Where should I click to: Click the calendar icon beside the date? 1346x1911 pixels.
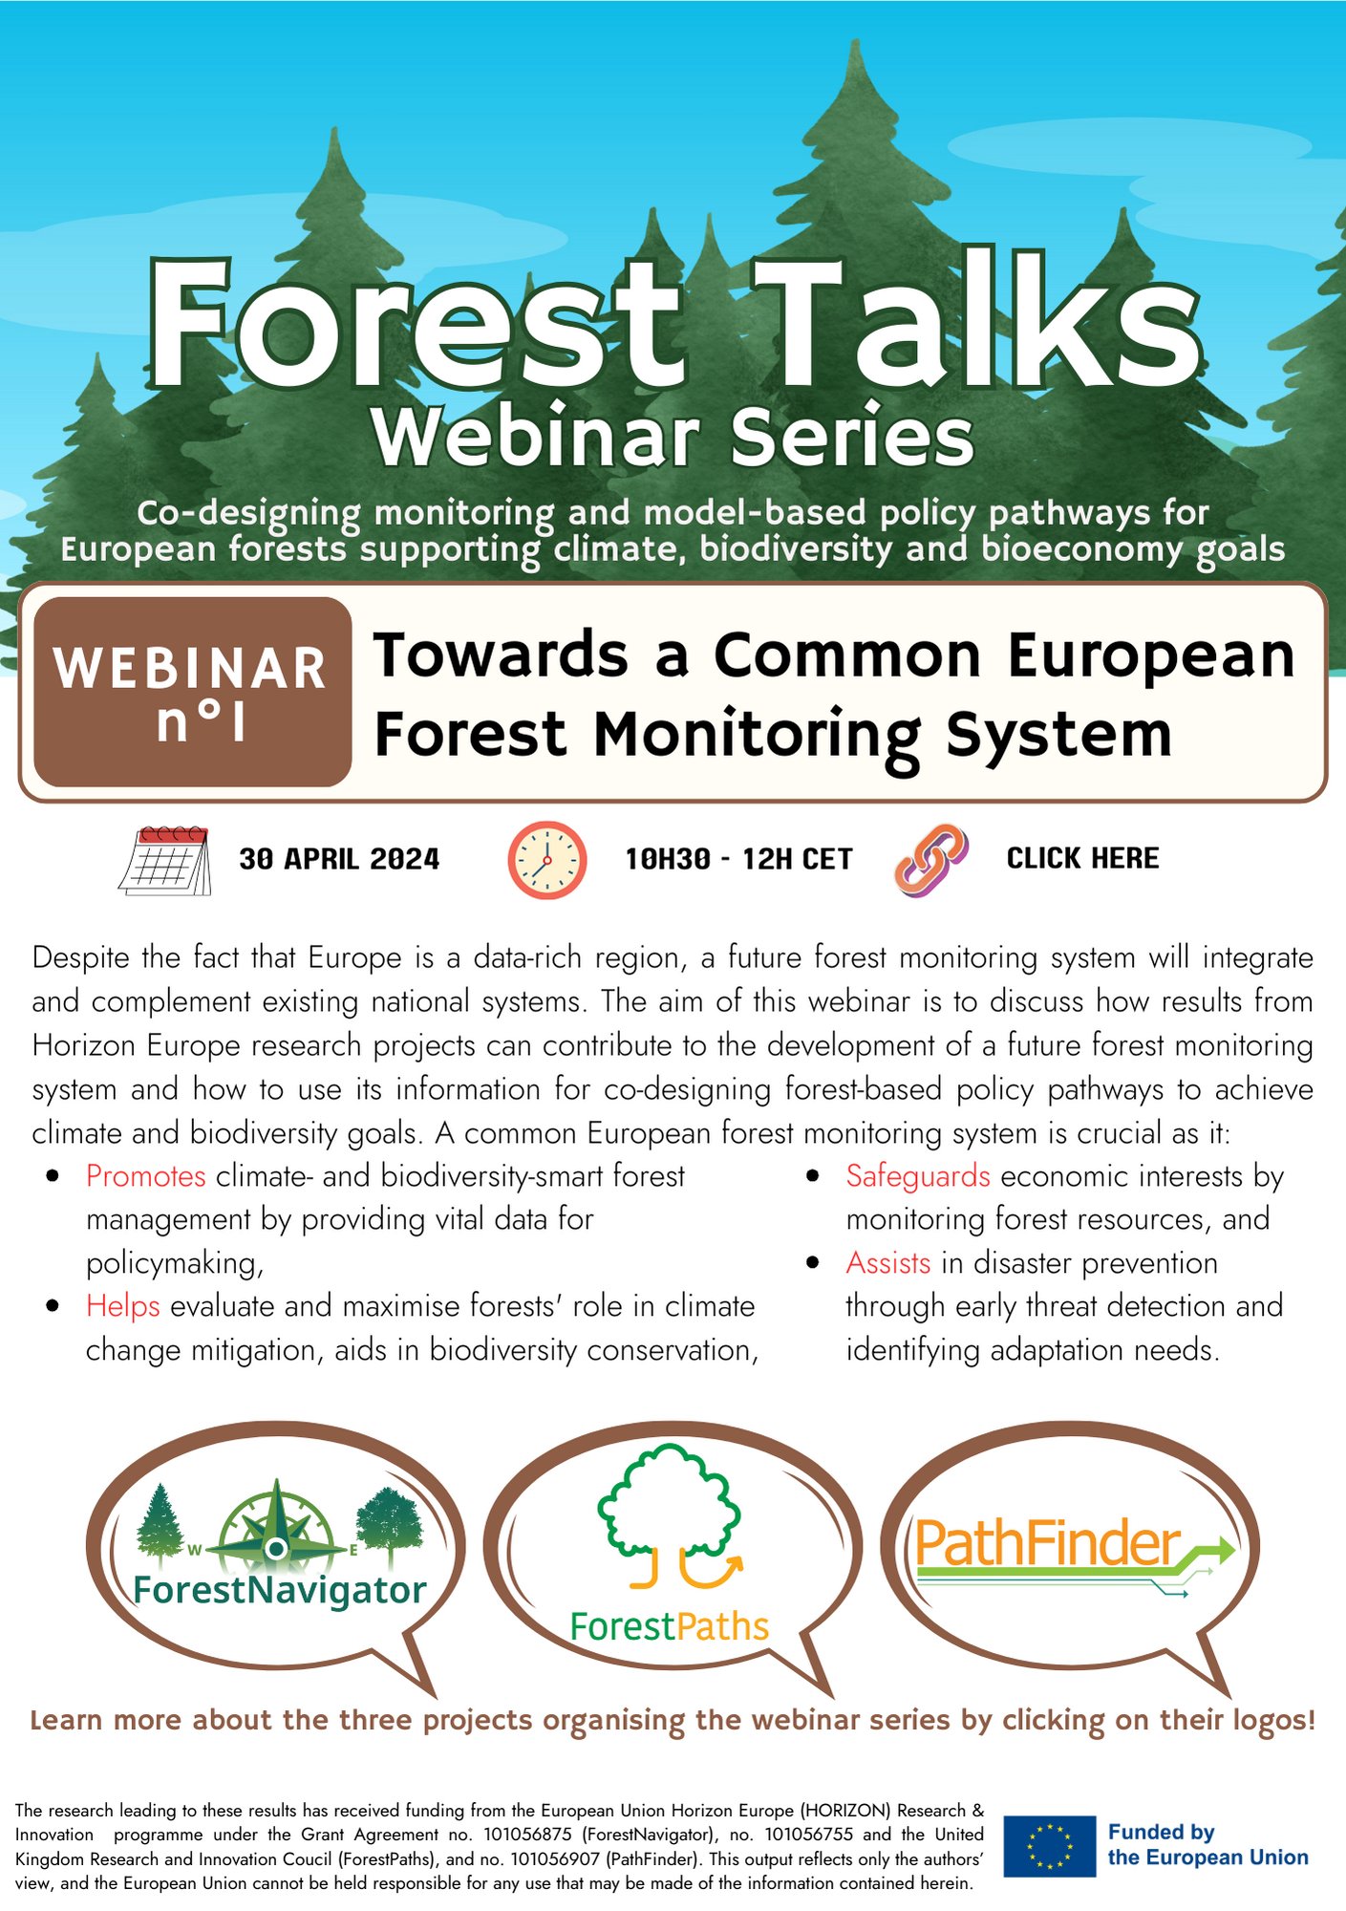tap(165, 860)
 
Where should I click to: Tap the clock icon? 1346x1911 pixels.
tap(545, 859)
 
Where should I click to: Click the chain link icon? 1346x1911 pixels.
tap(931, 859)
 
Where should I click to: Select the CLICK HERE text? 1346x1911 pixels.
tap(1082, 858)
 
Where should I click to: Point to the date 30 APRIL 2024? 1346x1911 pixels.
tap(339, 859)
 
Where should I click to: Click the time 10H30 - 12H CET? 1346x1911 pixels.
tap(738, 859)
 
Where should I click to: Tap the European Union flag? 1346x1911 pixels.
tap(1049, 1846)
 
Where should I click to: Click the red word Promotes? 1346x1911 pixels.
tap(146, 1175)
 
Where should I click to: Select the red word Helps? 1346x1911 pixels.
tap(123, 1306)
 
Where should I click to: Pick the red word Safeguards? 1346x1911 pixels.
tap(918, 1175)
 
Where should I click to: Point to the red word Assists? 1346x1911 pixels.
tap(888, 1262)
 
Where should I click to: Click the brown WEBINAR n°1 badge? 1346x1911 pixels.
tap(192, 692)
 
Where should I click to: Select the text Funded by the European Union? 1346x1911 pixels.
tap(1207, 1845)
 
